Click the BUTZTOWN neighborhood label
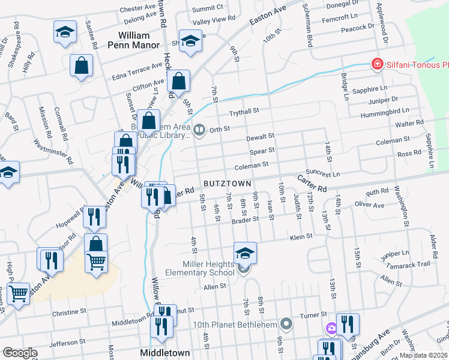pyautogui.click(x=226, y=182)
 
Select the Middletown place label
pyautogui.click(x=165, y=353)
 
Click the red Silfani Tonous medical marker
pyautogui.click(x=377, y=64)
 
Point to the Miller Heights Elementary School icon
pyautogui.click(x=245, y=253)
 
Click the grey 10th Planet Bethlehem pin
pyautogui.click(x=286, y=325)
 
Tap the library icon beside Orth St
pyautogui.click(x=199, y=128)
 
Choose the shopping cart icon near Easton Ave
pyautogui.click(x=97, y=262)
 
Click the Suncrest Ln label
pyautogui.click(x=322, y=173)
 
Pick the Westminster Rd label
pyautogui.click(x=53, y=153)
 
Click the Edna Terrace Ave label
pyautogui.click(x=137, y=71)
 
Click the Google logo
pyautogui.click(x=20, y=353)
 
